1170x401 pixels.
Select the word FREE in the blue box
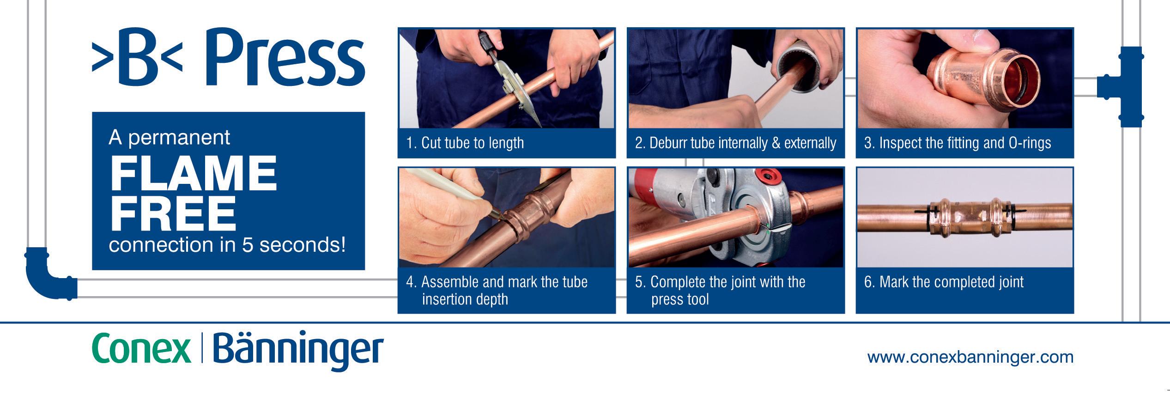[x=173, y=213]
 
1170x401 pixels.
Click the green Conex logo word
[x=141, y=349]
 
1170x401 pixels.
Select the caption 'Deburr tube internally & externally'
[x=735, y=143]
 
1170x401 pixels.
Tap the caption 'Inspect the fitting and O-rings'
[x=958, y=143]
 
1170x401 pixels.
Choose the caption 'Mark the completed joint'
[x=944, y=282]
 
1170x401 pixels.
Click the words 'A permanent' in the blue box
[x=170, y=138]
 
